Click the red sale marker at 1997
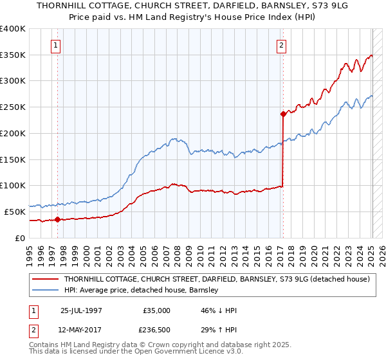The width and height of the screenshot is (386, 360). pos(57,219)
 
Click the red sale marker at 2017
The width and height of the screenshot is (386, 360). pos(282,114)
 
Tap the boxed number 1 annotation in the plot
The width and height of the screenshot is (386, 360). pos(57,45)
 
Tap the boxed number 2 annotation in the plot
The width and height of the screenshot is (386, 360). pos(282,45)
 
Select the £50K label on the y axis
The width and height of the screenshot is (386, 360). pos(15,212)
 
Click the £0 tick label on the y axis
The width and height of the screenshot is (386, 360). pos(21,238)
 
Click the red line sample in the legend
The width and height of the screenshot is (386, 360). pos(46,279)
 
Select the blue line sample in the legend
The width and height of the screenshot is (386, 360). pos(46,291)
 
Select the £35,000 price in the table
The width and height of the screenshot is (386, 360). pos(156,310)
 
